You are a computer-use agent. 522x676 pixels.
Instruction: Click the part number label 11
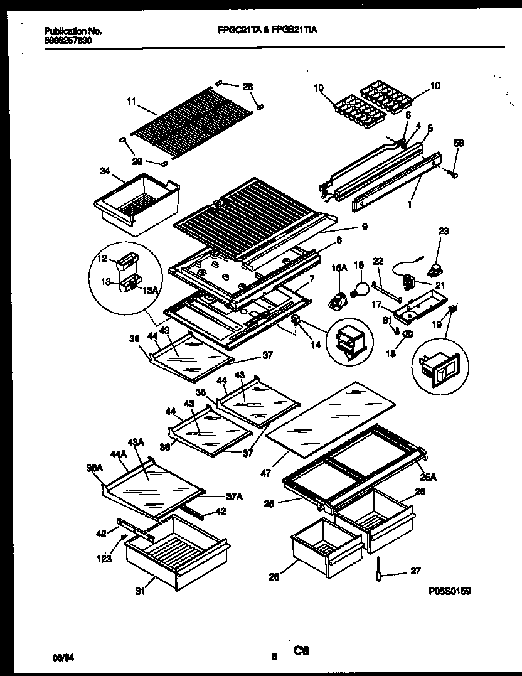point(130,100)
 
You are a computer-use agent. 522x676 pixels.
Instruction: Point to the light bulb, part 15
point(360,289)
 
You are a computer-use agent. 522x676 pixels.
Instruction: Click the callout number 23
point(444,231)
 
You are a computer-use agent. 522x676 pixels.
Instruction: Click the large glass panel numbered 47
point(333,414)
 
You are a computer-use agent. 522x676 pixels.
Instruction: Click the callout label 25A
point(429,477)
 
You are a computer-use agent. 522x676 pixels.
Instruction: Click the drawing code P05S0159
point(450,591)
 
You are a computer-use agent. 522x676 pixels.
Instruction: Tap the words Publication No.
point(73,30)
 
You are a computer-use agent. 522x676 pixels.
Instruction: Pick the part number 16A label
point(339,267)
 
